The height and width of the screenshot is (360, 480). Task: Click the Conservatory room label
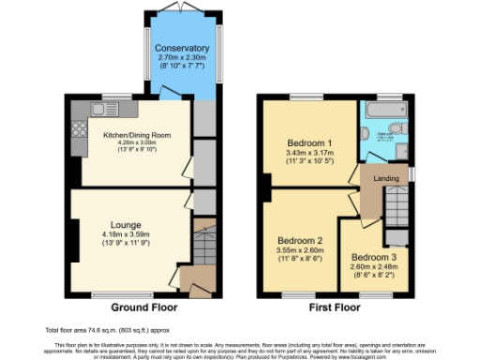(182, 49)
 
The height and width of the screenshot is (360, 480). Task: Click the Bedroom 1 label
(307, 142)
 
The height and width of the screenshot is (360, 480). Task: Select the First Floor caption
(334, 307)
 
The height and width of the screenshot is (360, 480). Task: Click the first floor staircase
(398, 202)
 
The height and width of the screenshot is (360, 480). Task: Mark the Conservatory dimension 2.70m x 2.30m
(182, 58)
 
